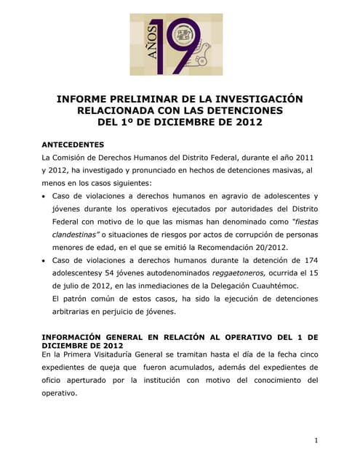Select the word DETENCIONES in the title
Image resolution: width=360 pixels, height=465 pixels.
coord(241,110)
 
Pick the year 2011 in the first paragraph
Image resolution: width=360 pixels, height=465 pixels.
coord(305,157)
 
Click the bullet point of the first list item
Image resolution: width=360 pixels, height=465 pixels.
coord(46,196)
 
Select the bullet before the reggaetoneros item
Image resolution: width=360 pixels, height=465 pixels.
coord(46,260)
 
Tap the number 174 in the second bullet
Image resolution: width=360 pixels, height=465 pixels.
coord(310,260)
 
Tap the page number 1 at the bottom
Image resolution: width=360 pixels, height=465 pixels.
coord(317,440)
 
